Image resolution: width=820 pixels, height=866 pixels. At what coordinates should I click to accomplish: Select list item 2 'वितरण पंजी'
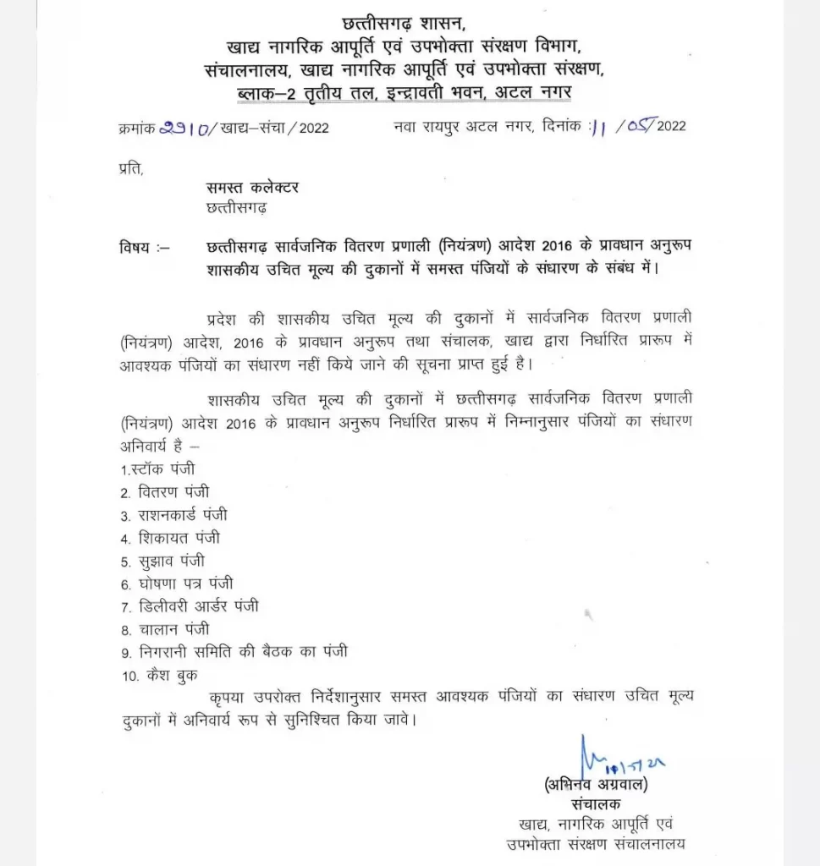[x=164, y=491]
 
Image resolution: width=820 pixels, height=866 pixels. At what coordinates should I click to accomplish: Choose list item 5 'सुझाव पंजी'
[x=162, y=560]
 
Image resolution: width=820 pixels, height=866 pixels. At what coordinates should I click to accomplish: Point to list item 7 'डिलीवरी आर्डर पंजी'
[x=189, y=606]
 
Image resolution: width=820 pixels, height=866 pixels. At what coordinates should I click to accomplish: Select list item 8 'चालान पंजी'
[x=164, y=629]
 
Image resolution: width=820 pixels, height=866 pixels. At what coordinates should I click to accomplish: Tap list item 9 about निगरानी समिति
[x=233, y=652]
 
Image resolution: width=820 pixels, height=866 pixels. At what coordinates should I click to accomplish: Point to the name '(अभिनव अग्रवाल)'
[x=597, y=784]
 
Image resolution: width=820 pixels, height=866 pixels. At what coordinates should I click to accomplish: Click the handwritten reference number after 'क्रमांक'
[x=187, y=127]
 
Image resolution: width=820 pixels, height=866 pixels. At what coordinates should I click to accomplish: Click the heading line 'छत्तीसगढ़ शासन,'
[x=410, y=23]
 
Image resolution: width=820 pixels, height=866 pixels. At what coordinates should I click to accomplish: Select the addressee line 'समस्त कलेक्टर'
[x=252, y=187]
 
